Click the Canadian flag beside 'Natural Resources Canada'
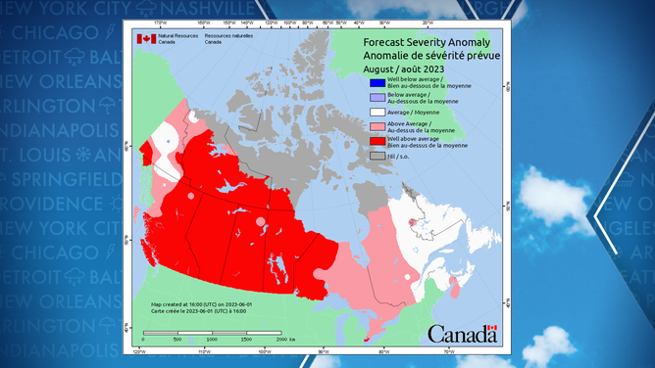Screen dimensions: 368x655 146,39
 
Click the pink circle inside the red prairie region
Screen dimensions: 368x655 259,222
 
